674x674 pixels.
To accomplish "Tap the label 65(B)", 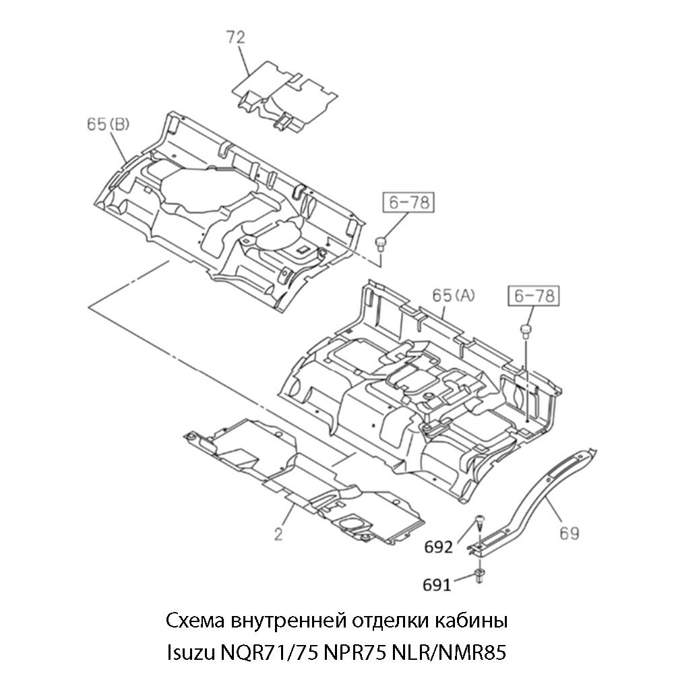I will tap(108, 124).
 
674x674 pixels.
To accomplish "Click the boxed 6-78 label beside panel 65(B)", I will tap(408, 202).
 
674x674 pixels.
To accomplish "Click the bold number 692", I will tap(439, 547).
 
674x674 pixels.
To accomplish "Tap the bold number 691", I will tap(437, 585).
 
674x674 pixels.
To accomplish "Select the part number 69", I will tap(570, 533).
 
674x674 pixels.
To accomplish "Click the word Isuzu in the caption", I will tap(188, 652).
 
